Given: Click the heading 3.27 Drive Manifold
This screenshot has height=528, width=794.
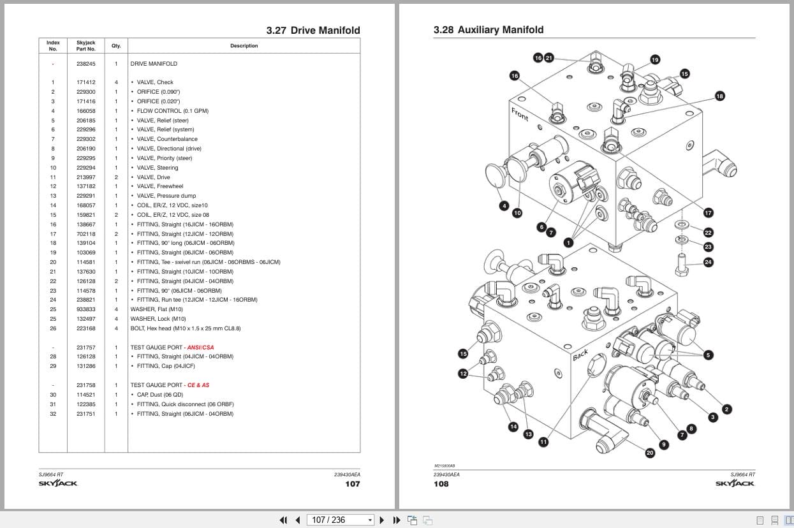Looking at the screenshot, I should pyautogui.click(x=312, y=30).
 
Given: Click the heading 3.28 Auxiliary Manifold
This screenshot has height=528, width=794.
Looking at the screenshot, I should pyautogui.click(x=489, y=30).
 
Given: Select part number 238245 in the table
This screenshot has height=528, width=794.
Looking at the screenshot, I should pyautogui.click(x=85, y=64).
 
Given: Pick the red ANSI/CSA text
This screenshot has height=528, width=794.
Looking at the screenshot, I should pyautogui.click(x=200, y=348).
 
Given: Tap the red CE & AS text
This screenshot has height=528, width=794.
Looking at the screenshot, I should pyautogui.click(x=198, y=385).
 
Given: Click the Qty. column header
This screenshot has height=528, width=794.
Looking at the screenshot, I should pyautogui.click(x=116, y=46).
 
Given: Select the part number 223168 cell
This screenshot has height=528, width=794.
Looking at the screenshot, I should pyautogui.click(x=85, y=328).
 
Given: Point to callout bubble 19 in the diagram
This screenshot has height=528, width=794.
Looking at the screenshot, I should pyautogui.click(x=655, y=60).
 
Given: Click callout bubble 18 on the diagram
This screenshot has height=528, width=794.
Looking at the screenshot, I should pyautogui.click(x=719, y=96).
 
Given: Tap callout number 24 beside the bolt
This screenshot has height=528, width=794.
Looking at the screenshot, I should pyautogui.click(x=708, y=262).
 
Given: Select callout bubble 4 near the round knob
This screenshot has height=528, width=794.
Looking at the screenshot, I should pyautogui.click(x=504, y=205).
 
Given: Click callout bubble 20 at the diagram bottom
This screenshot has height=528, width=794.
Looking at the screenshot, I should pyautogui.click(x=650, y=453).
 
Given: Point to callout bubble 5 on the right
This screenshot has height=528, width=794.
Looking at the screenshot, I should pyautogui.click(x=708, y=355).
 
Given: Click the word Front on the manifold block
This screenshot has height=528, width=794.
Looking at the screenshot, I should pyautogui.click(x=520, y=114).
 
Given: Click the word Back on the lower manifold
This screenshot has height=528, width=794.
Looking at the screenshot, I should pyautogui.click(x=580, y=356).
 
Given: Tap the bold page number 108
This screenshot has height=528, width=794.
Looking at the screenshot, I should pyautogui.click(x=441, y=484).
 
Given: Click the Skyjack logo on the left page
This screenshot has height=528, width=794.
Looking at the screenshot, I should pyautogui.click(x=58, y=483).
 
